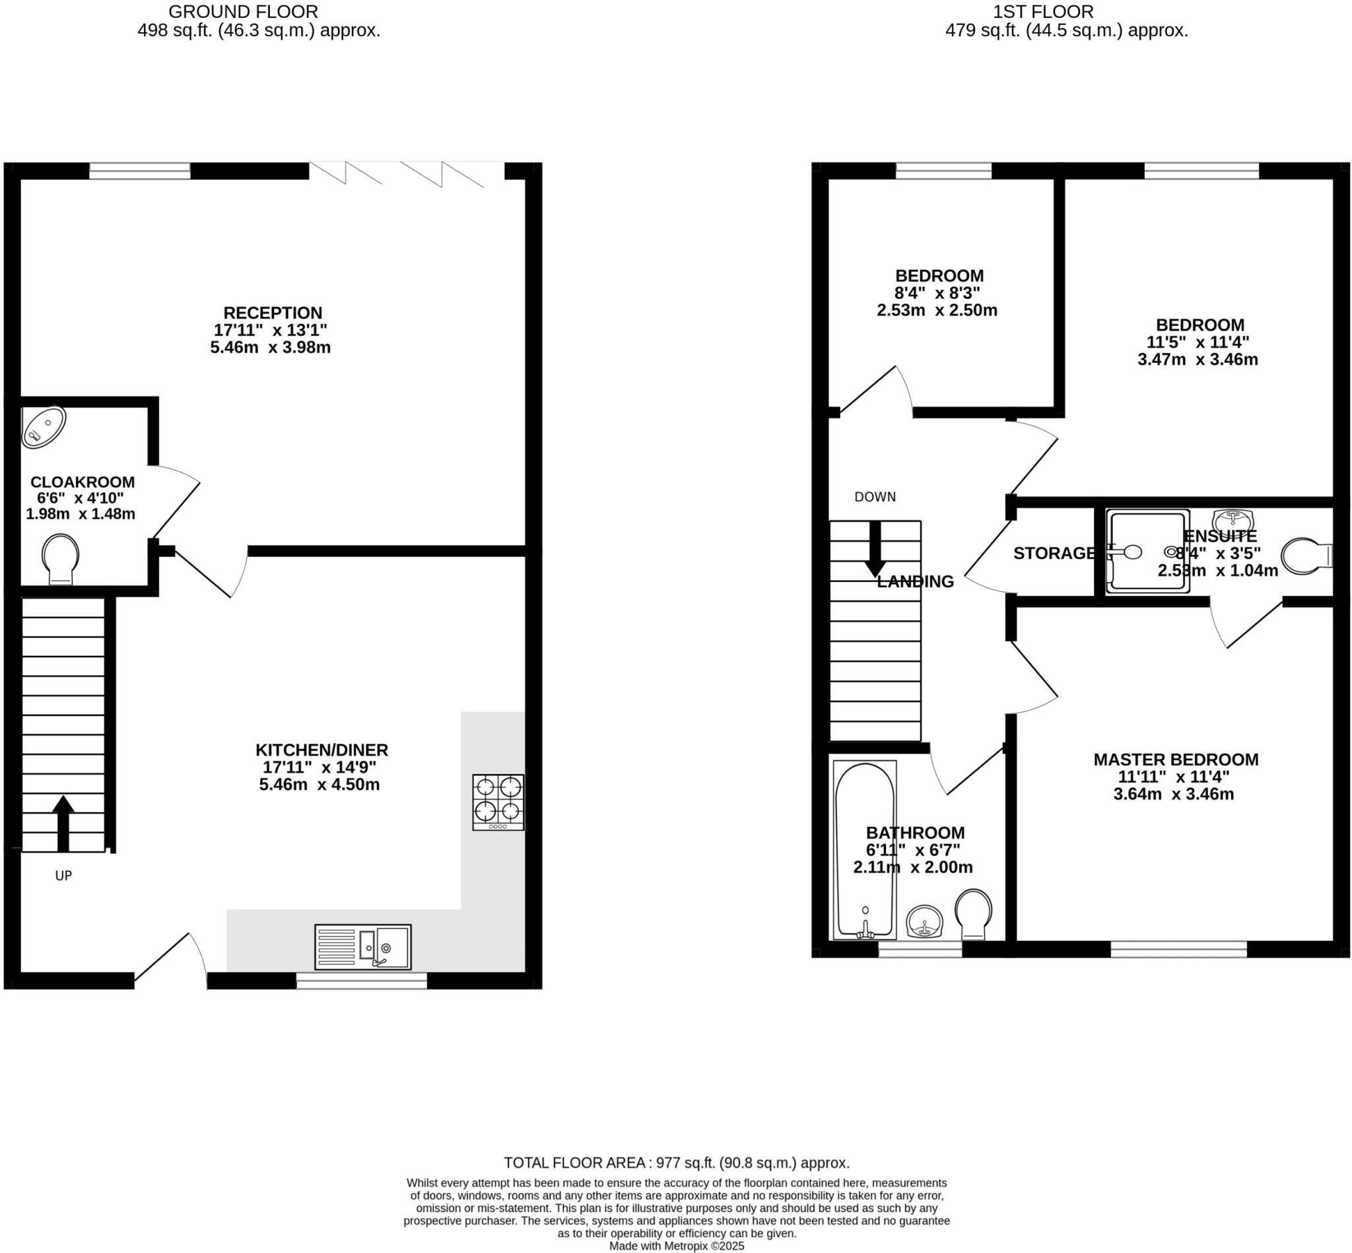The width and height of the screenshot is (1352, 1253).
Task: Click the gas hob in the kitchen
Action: click(498, 802)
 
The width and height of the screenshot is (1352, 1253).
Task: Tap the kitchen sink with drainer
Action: click(363, 947)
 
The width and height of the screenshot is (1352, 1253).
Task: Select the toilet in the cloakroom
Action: click(60, 558)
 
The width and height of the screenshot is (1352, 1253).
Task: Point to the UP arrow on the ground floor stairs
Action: click(63, 822)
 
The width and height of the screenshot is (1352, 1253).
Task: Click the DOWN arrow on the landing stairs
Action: click(875, 548)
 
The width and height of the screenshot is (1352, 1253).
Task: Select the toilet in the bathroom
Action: click(974, 913)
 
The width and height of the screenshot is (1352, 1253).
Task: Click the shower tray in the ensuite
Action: click(1147, 551)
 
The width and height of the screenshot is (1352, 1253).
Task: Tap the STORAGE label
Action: click(1054, 554)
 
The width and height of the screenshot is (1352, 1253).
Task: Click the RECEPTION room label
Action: click(273, 313)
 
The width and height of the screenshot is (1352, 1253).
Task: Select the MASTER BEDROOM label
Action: click(1176, 759)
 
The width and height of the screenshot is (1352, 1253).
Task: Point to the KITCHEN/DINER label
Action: click(321, 750)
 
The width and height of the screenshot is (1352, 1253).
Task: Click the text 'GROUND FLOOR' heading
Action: click(243, 11)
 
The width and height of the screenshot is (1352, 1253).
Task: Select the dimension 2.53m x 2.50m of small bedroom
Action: click(937, 311)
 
